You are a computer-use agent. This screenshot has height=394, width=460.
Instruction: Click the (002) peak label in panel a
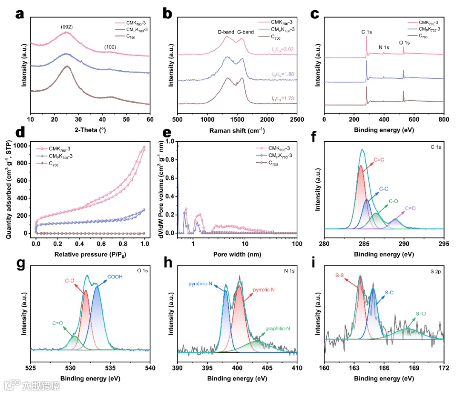click(x=67, y=27)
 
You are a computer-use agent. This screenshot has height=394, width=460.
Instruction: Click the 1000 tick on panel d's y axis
click(x=25, y=146)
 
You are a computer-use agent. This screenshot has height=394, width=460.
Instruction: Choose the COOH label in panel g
click(x=115, y=277)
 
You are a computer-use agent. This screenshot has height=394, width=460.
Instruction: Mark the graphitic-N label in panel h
click(x=278, y=328)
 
